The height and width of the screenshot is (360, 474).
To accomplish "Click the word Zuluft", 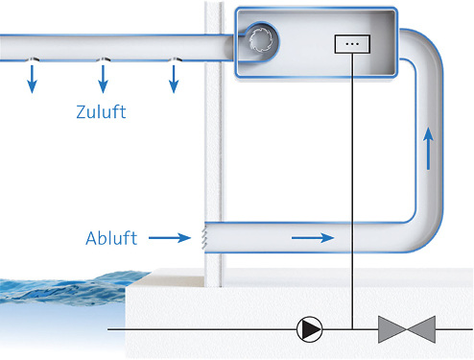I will coord(101,112).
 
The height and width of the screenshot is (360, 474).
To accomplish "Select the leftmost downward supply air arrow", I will coord(32,80).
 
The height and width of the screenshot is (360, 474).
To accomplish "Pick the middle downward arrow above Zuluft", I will coord(103,80).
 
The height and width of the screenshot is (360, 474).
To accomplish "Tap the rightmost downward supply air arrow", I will coord(174,80).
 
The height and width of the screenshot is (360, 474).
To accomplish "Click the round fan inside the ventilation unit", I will coord(262,37).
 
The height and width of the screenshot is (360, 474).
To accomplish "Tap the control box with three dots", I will coord(350,43).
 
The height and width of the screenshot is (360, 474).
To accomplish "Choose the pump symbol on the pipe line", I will coord(309,330).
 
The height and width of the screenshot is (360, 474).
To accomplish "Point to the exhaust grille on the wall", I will coord(205,234).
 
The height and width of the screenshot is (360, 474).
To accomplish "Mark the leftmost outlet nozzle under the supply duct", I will coord(32,60).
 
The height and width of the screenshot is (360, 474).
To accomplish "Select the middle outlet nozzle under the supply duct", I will coord(103,60).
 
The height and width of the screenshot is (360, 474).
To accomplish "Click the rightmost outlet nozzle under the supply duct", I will coord(174,60).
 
